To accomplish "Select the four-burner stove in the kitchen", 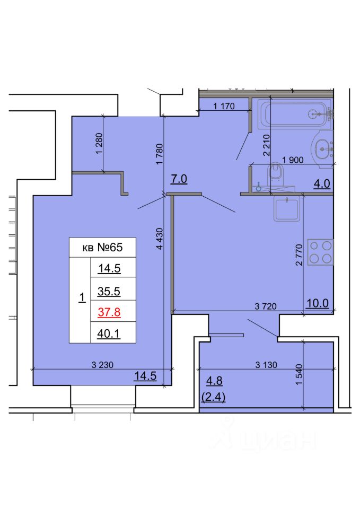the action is (320, 252).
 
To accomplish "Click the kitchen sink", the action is (287, 209).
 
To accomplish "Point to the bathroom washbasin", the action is (322, 149).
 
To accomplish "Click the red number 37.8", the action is (109, 312).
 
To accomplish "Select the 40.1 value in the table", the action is (109, 334).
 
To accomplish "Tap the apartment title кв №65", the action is (102, 248).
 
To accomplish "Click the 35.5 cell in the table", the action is (109, 291).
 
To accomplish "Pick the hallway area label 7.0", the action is (179, 179).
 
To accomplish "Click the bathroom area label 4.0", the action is (322, 184).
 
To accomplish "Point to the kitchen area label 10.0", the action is (318, 303).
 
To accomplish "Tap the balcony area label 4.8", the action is (214, 381).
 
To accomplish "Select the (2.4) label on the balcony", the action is (213, 397).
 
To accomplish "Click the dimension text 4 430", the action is (160, 239).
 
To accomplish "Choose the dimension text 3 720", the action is (266, 306).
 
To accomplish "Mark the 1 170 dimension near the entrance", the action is (224, 106).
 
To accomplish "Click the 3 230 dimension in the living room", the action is (102, 365).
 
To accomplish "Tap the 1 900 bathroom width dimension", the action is (293, 160).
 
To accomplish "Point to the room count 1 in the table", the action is (82, 297).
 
